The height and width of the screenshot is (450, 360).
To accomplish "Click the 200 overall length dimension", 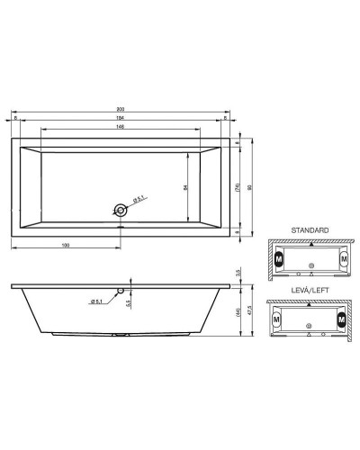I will tap(120, 110).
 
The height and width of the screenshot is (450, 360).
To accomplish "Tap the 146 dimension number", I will tap(120, 128).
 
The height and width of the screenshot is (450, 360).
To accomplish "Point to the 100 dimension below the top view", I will tap(66, 246).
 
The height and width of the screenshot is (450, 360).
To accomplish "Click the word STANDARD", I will tap(310, 231).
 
